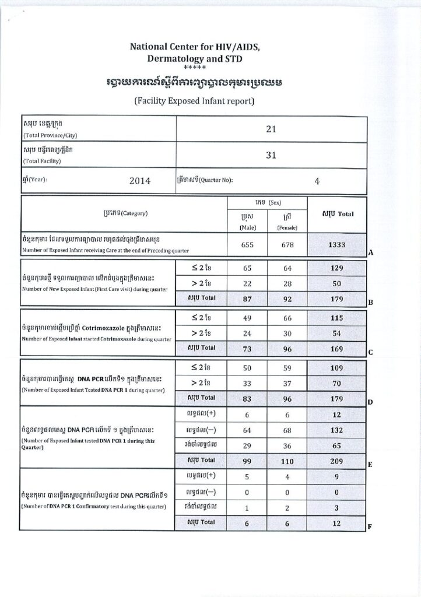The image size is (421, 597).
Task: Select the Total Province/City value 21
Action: [x=271, y=129]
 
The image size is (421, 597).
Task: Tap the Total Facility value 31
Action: [x=271, y=156]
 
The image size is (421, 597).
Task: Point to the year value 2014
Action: [x=140, y=181]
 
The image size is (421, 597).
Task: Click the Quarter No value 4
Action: [x=317, y=181]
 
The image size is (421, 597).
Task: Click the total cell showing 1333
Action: [x=336, y=245]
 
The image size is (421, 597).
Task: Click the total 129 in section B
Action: [x=336, y=268]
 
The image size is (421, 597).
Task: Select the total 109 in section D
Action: [x=336, y=368]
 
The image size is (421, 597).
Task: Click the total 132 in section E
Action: [x=336, y=430]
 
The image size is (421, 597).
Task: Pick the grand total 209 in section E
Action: [x=336, y=461]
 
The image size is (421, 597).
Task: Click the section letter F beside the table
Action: [x=369, y=526]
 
